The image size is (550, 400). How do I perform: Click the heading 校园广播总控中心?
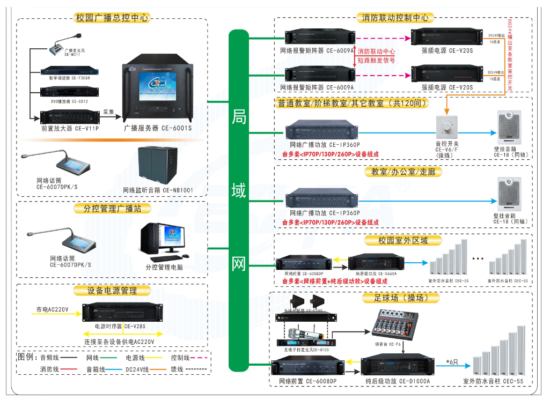point(112,18)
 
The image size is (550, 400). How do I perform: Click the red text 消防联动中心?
point(376,51)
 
